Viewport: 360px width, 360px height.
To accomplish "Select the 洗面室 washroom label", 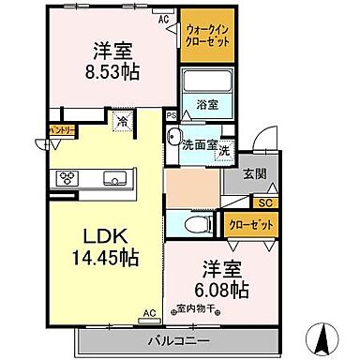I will [199, 145].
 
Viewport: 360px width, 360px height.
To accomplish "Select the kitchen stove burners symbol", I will [69, 176].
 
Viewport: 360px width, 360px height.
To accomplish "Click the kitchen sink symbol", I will [116, 176].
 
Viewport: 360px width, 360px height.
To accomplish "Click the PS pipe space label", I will [170, 115].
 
